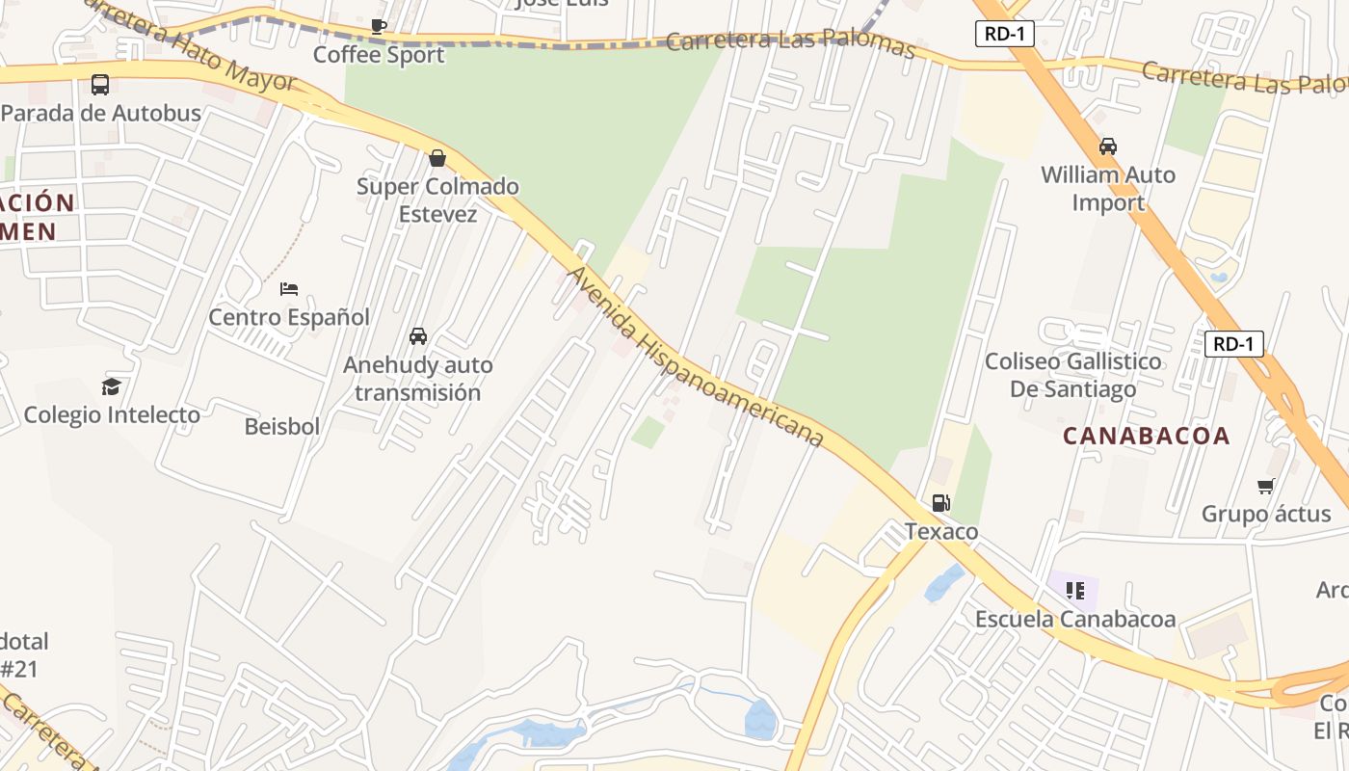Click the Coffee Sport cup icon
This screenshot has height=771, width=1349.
click(x=379, y=27)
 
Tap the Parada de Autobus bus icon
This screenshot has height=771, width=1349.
click(x=100, y=85)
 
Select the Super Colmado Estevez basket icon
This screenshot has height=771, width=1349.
click(x=437, y=158)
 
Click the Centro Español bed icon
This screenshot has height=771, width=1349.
click(x=289, y=288)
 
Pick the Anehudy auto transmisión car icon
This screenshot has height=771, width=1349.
click(x=418, y=336)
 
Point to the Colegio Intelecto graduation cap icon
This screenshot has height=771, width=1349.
click(x=112, y=386)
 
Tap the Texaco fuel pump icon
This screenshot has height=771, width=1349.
click(x=941, y=503)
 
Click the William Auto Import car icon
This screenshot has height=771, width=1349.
click(x=1108, y=146)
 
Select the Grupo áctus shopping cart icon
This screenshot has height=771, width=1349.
click(x=1265, y=486)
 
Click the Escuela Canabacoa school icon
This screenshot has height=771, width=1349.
click(x=1075, y=591)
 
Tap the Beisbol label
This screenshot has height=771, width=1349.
click(x=282, y=426)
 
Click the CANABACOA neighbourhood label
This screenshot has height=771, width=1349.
click(x=1147, y=436)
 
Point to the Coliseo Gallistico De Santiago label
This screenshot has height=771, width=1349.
click(x=1072, y=375)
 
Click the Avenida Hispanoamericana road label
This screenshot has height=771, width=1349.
click(x=695, y=357)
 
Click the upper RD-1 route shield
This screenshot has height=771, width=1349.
click(x=1005, y=35)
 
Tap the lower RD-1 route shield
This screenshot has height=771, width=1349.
click(x=1234, y=344)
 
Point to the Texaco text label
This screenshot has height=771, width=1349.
click(x=941, y=532)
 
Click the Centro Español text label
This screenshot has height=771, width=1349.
click(x=289, y=317)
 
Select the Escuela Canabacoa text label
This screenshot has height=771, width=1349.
click(x=1075, y=619)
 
